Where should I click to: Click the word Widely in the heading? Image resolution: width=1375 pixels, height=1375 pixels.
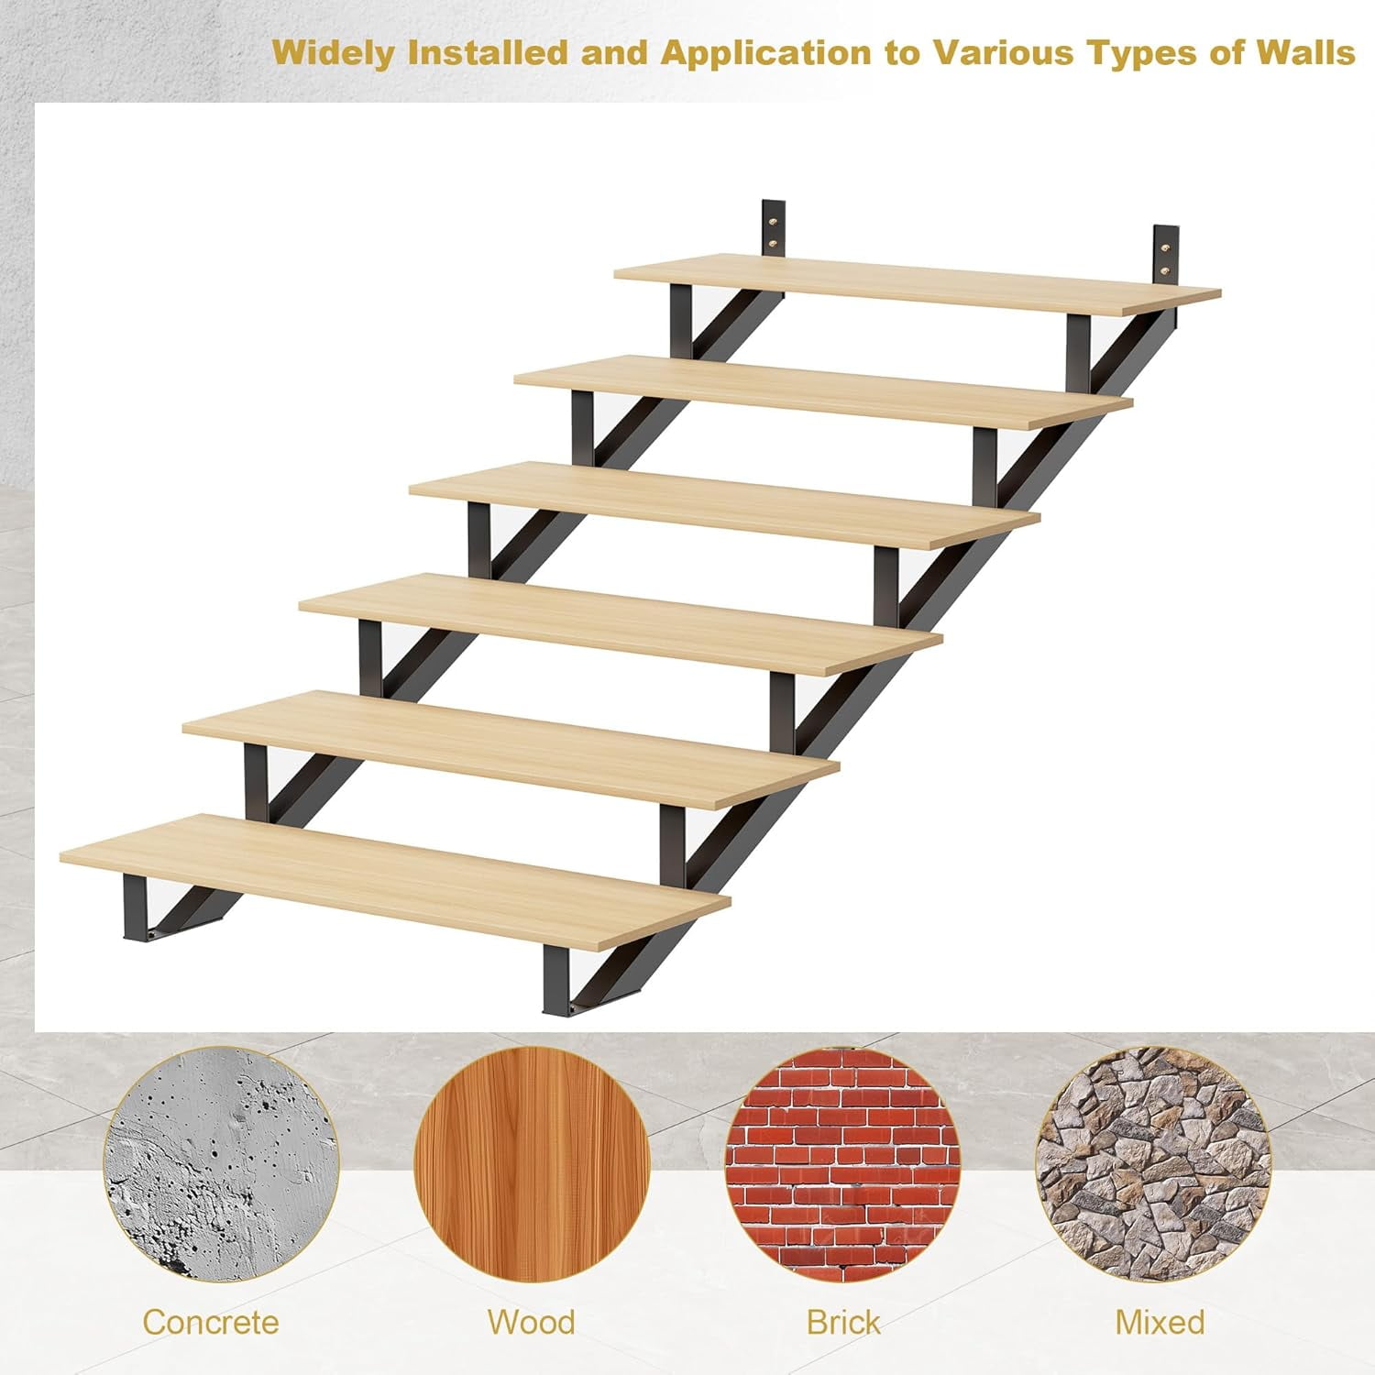[x=333, y=52]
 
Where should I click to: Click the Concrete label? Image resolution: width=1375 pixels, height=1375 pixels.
[x=210, y=1322]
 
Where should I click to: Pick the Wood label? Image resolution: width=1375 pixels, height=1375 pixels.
[x=531, y=1322]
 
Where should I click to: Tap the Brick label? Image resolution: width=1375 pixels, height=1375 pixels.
[x=842, y=1322]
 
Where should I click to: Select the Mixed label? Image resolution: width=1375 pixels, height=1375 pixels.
[x=1160, y=1322]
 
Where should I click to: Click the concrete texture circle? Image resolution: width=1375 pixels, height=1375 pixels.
[x=221, y=1165]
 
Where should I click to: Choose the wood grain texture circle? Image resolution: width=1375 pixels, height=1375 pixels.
[x=532, y=1165]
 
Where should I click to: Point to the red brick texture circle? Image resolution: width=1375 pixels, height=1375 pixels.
[x=843, y=1165]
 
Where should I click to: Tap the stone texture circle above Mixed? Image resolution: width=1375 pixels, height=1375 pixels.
[x=1154, y=1165]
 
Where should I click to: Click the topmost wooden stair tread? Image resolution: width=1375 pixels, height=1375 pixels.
[x=917, y=285]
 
